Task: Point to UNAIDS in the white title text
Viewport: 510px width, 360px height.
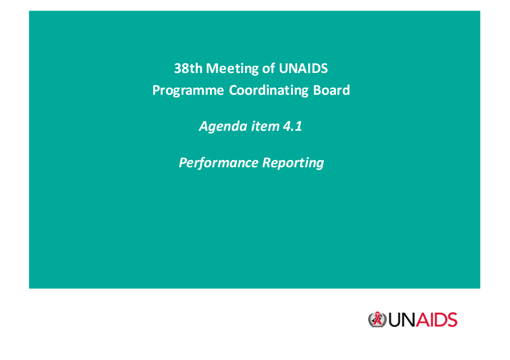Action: point(303,68)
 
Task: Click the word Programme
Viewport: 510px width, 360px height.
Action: point(188,90)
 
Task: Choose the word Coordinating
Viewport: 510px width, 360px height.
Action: point(268,90)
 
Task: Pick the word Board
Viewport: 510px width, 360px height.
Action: point(331,90)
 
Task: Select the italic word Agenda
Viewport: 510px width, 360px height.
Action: point(223,127)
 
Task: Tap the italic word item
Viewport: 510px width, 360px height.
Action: point(265,126)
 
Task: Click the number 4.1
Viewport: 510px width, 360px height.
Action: point(292,126)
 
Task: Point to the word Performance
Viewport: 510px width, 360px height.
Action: point(218,162)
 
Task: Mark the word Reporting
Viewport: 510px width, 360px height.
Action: point(293,163)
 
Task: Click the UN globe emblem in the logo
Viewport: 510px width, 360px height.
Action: point(377,320)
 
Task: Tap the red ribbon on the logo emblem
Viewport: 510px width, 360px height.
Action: point(377,318)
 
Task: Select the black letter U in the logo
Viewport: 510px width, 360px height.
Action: point(395,320)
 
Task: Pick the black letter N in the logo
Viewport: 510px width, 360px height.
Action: point(410,320)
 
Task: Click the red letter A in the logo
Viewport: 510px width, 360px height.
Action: point(422,320)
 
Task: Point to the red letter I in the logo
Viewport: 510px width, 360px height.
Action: point(432,320)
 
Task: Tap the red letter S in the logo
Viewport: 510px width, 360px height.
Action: point(452,320)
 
